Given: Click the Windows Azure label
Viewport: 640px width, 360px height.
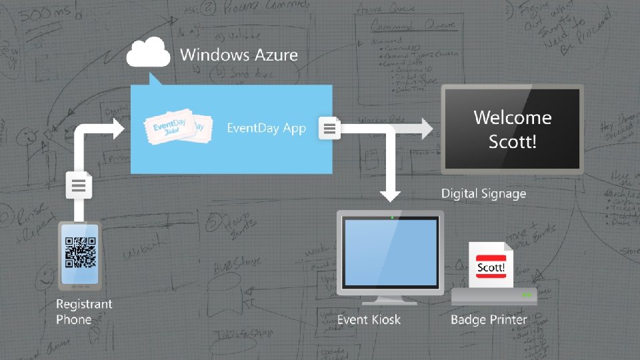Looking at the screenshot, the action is [239, 55].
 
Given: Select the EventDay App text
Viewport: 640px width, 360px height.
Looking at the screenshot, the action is [267, 127].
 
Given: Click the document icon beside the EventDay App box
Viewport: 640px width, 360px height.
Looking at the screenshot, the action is [330, 127].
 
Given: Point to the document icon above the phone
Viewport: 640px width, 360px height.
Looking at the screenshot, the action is [79, 184].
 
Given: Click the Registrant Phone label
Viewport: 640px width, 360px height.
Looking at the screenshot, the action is [84, 311].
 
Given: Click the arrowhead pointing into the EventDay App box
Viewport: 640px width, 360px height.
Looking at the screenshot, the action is [118, 127].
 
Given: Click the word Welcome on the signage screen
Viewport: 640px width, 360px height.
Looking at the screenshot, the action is [512, 118].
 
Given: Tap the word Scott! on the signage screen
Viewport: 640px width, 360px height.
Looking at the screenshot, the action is [512, 141].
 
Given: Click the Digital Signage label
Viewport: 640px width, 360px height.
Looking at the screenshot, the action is [483, 194].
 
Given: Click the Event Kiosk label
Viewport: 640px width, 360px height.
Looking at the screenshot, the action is [369, 319].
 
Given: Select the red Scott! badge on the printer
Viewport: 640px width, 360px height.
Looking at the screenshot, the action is [491, 268].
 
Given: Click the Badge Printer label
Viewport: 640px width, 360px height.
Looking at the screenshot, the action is [489, 319].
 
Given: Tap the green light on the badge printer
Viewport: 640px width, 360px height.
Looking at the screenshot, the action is [527, 294].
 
